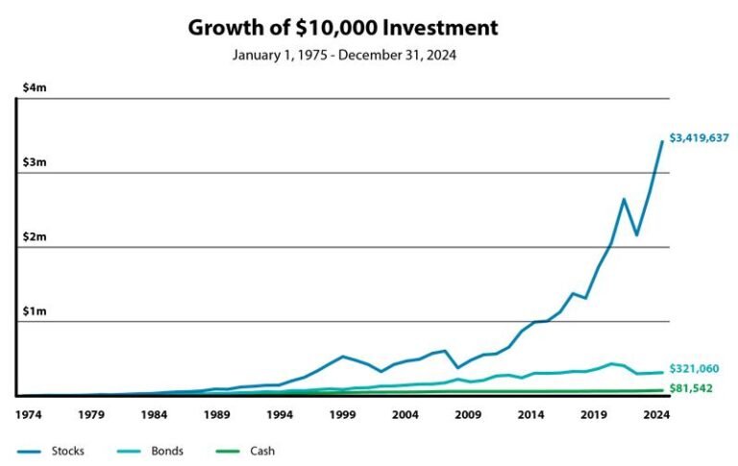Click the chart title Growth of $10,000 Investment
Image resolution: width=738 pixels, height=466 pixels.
click(343, 27)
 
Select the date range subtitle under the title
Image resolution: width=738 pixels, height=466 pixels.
click(343, 55)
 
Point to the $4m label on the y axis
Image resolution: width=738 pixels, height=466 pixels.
click(34, 87)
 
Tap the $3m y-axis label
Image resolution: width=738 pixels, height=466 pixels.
click(34, 162)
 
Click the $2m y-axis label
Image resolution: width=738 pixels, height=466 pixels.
click(34, 237)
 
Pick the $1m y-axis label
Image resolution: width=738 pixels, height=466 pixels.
click(34, 311)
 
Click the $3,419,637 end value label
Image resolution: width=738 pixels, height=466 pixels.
click(698, 138)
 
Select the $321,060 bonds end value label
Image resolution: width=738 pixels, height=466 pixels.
click(694, 369)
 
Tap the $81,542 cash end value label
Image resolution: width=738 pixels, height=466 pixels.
click(691, 389)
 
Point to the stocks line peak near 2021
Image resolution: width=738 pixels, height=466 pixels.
click(624, 199)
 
